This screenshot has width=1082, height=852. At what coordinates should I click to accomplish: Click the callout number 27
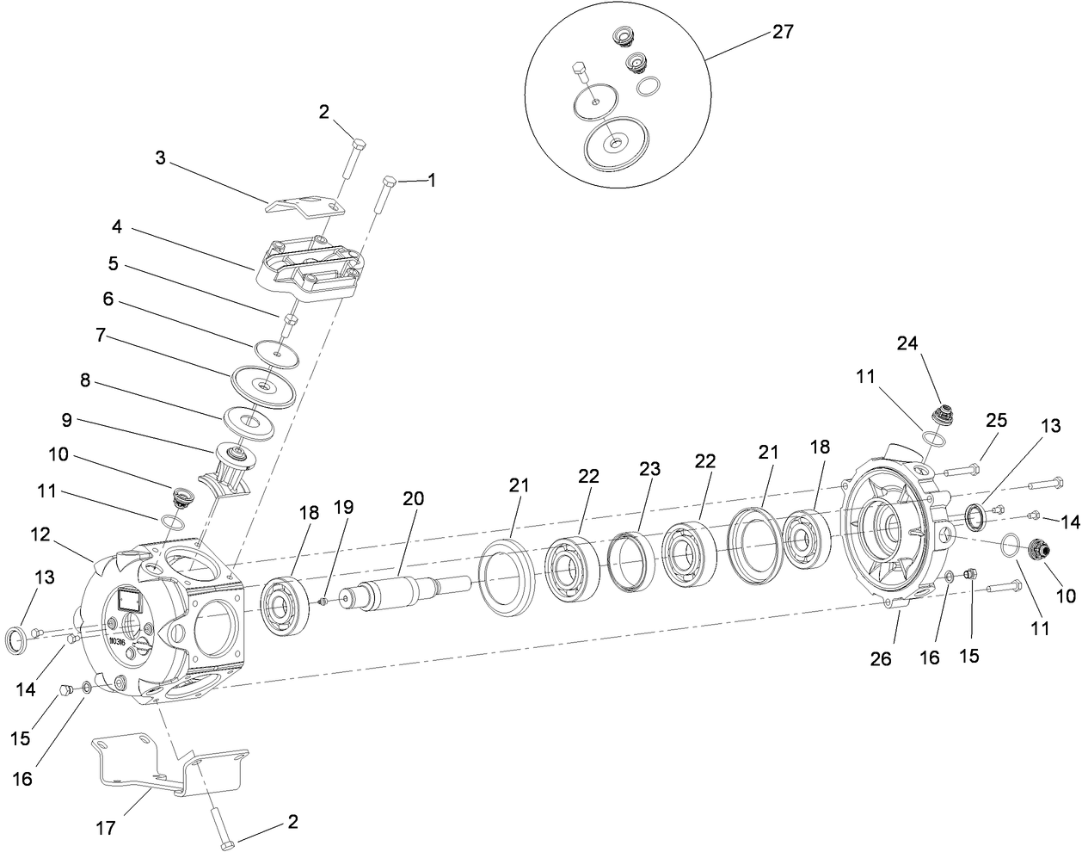point(782,32)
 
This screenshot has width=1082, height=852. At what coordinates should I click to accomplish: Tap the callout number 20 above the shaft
point(412,498)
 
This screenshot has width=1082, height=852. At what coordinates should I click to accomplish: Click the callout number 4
point(116,228)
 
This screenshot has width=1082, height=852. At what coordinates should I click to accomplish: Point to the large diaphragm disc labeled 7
point(263,384)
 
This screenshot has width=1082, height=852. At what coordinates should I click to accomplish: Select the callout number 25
point(996,421)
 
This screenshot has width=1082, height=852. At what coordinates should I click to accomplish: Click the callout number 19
point(343,507)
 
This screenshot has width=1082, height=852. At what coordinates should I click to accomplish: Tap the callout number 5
point(112,264)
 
